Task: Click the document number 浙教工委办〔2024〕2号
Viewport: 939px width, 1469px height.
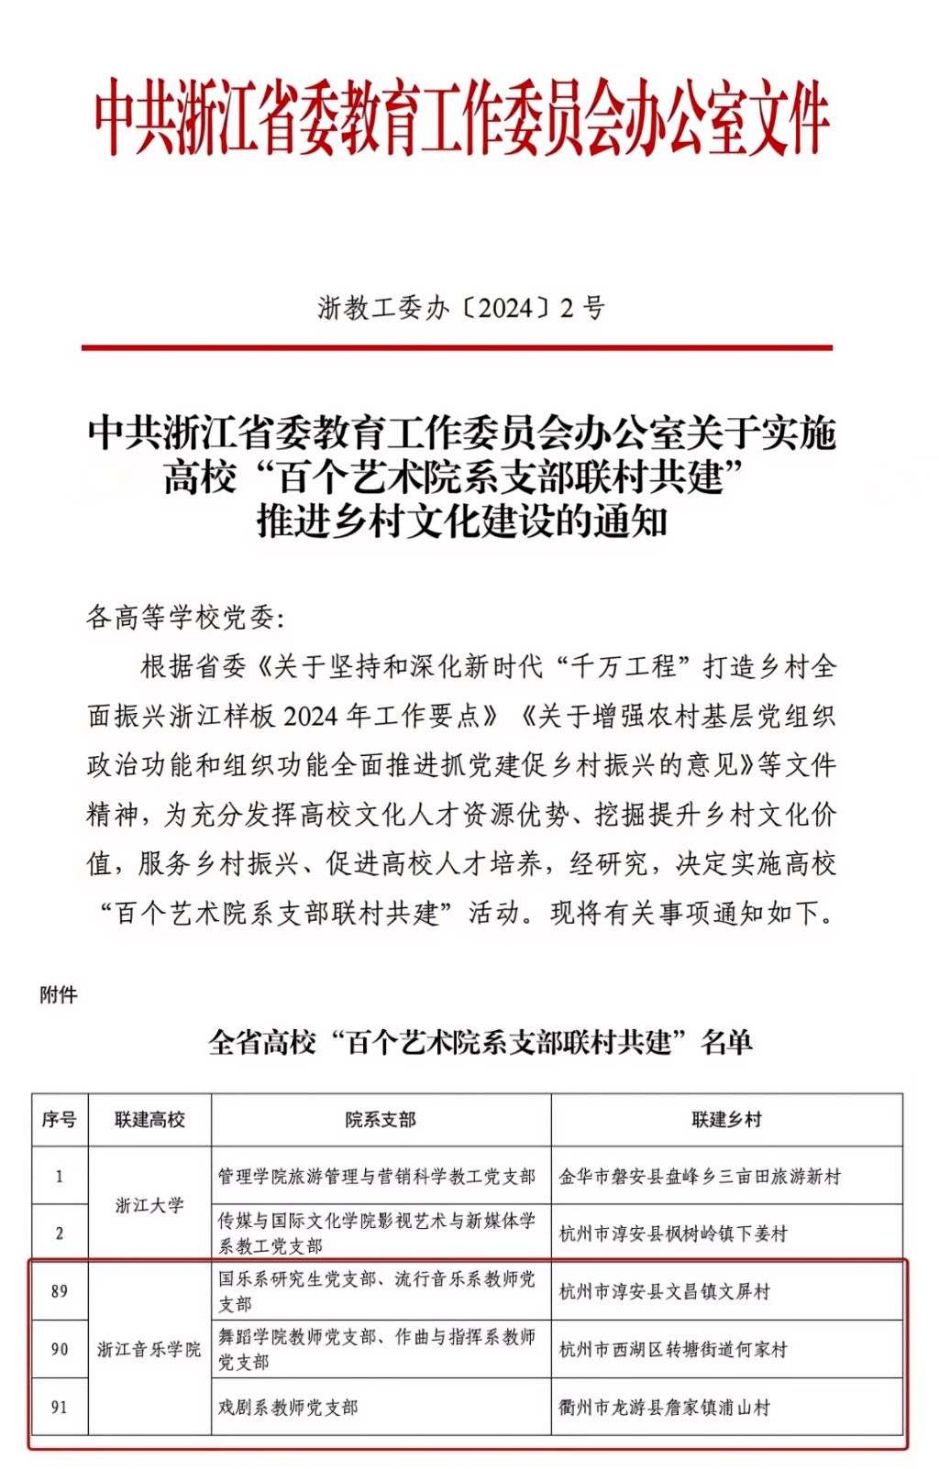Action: coord(461,308)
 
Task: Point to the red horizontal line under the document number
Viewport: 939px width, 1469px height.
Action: coord(457,347)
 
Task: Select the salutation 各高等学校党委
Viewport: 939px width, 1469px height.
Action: coord(185,618)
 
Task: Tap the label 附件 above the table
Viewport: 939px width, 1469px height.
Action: coord(59,995)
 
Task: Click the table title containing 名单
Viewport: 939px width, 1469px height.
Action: coord(481,1042)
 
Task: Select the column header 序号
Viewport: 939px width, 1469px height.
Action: coord(60,1120)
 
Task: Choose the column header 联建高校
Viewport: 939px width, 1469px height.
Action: coord(149,1120)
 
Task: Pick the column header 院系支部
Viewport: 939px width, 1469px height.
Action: coord(381,1120)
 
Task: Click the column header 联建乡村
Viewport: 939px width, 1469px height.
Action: coord(726,1120)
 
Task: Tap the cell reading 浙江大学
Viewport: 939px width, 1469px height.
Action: coord(149,1205)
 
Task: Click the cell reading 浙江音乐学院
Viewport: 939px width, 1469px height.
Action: coord(149,1349)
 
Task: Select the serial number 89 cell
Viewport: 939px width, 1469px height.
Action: coord(60,1291)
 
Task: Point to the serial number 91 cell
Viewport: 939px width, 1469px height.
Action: coord(60,1407)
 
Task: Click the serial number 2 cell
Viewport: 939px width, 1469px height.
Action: coord(60,1233)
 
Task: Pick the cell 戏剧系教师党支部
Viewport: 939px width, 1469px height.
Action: coord(288,1407)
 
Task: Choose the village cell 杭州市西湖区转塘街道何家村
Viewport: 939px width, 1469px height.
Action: coord(673,1349)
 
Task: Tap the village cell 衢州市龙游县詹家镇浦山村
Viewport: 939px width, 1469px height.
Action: coord(665,1407)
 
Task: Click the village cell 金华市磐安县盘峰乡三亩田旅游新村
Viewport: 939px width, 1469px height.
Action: coord(700,1177)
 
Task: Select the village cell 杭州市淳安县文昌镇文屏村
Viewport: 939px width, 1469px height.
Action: coord(665,1291)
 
